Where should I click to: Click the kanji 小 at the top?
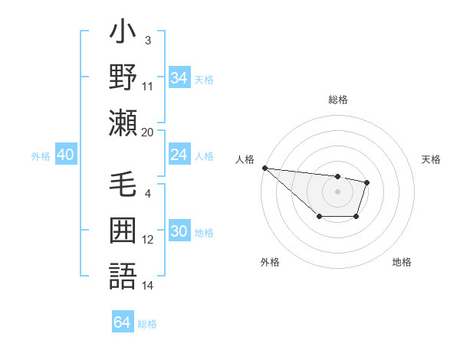[x=123, y=35]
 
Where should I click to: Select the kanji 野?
[x=123, y=77]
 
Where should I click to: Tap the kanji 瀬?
[x=123, y=123]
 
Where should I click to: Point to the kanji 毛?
[x=123, y=188]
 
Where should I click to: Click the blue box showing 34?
[x=179, y=78]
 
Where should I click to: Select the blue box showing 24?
[x=179, y=155]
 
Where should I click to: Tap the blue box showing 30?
[x=179, y=232]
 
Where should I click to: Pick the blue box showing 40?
[x=65, y=155]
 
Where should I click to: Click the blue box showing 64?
[x=122, y=322]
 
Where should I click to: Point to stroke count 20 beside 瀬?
[x=147, y=132]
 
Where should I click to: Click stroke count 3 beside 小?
[x=147, y=39]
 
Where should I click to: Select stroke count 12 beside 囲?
[x=147, y=240]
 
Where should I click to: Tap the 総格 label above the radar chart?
[x=337, y=100]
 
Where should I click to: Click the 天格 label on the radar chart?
[x=432, y=159]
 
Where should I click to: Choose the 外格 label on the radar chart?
[x=270, y=262]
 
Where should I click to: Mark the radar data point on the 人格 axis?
[x=264, y=168]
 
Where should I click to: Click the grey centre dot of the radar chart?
[x=337, y=191]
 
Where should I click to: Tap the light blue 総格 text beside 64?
[x=147, y=324]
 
